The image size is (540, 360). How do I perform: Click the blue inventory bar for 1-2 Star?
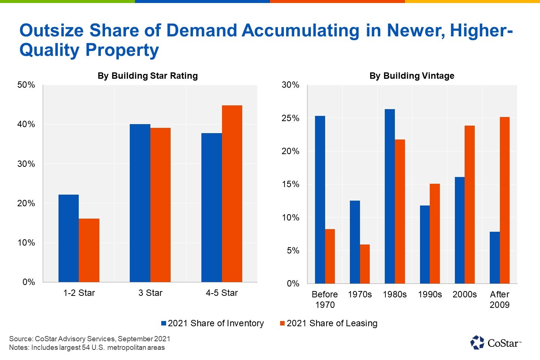[x=69, y=238]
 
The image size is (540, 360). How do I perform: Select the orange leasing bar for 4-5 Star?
[x=232, y=194]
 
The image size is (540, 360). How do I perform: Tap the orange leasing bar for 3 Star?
[x=160, y=205]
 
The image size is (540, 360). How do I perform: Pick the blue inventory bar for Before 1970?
[x=320, y=200]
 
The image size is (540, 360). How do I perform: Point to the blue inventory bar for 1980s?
[x=390, y=196]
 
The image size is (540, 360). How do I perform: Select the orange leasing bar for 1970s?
[x=365, y=264]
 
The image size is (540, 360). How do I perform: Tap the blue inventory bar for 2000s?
[x=459, y=230]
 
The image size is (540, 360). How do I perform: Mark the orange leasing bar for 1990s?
[x=435, y=234]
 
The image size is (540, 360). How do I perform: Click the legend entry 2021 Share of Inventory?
[x=213, y=323]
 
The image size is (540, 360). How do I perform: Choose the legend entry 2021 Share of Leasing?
[x=329, y=323]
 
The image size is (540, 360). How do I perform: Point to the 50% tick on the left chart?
[x=26, y=85]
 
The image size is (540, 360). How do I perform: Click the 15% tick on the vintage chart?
[x=291, y=184]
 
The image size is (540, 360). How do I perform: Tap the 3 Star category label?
[x=150, y=293]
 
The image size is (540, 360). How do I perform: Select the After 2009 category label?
[x=499, y=300]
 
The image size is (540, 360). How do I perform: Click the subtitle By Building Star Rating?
[x=147, y=76]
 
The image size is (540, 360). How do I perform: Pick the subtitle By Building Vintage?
[x=412, y=76]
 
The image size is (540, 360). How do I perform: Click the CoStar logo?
[x=496, y=342]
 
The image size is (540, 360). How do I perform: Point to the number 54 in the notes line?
[x=86, y=348]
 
